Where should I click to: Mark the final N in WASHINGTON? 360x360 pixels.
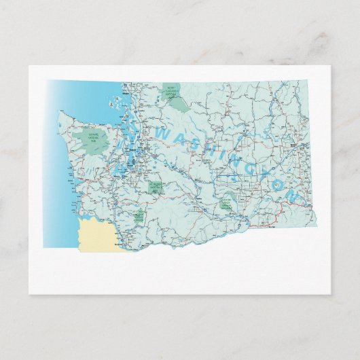point(293,195)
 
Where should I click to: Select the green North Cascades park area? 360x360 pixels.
point(177,100)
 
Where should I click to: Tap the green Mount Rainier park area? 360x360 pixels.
point(156,185)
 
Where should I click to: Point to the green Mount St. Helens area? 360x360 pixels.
point(139,216)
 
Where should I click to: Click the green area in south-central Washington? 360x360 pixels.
point(229,200)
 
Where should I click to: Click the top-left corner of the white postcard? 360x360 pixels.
point(30,67)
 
